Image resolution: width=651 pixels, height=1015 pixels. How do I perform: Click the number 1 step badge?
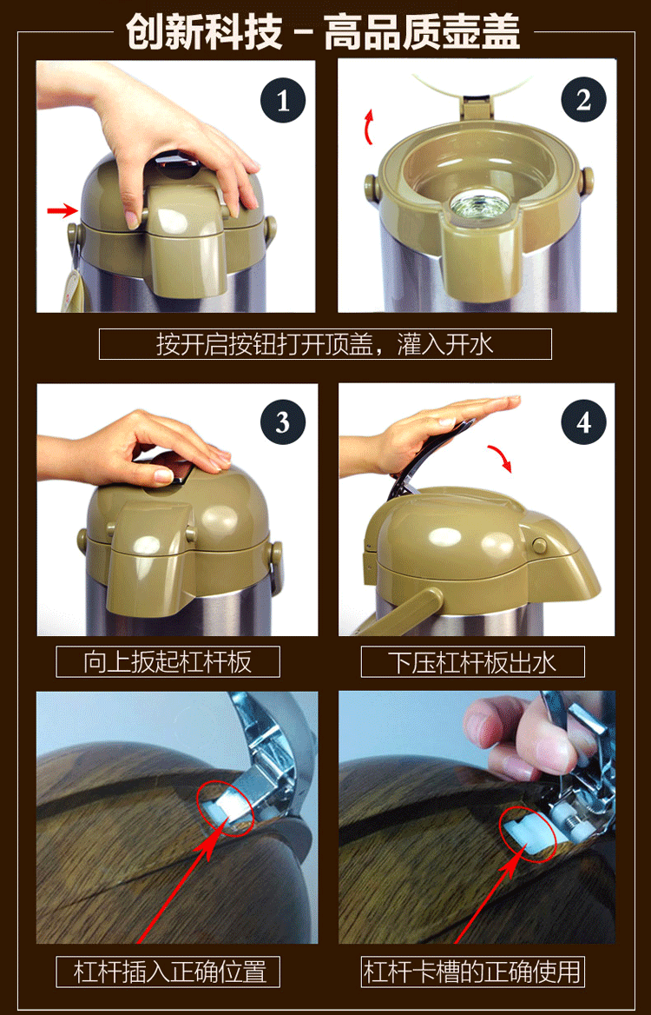(x=282, y=100)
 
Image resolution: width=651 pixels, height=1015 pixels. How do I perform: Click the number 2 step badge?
(x=583, y=100)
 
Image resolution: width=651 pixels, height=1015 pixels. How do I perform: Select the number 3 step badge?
(x=282, y=422)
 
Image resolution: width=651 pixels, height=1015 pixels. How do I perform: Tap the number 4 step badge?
(x=584, y=422)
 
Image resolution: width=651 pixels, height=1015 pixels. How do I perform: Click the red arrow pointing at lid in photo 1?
(x=62, y=210)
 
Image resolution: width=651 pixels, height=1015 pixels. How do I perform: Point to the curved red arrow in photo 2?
(x=369, y=126)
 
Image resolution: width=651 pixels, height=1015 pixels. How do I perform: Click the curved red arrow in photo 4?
(x=500, y=457)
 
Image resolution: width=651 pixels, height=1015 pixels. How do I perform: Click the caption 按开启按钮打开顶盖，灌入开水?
(x=325, y=344)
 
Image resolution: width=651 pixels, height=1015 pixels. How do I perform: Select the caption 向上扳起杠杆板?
(x=168, y=661)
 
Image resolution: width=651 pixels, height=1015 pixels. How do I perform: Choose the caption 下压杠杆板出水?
(x=472, y=662)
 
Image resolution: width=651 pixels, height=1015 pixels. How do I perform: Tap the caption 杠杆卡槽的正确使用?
(x=472, y=972)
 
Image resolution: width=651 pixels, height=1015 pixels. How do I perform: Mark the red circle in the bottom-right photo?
(x=528, y=833)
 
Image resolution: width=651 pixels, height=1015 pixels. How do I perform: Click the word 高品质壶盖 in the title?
(x=422, y=31)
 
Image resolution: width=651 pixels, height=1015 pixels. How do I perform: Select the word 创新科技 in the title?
(x=204, y=31)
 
